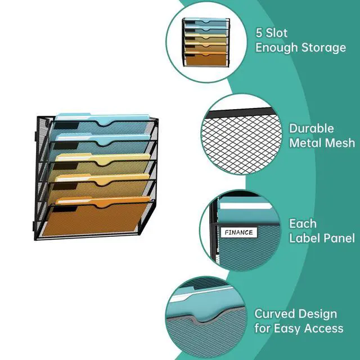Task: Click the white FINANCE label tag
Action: click(239, 232)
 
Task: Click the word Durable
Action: click(312, 128)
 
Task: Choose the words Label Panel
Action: click(322, 238)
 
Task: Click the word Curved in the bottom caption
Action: click(276, 313)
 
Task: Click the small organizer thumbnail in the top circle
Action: click(206, 43)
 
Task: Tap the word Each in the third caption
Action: click(303, 223)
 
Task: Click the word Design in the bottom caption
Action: click(318, 313)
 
